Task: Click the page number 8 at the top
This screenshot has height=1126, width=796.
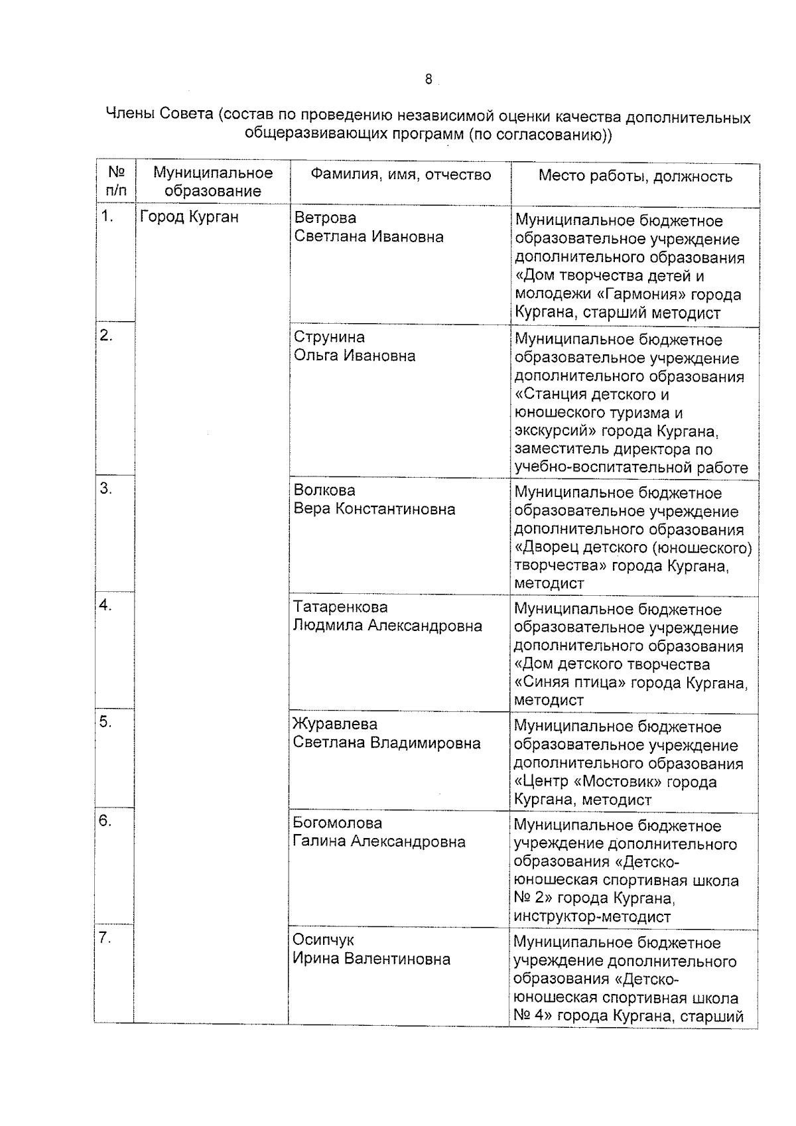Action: coord(428,80)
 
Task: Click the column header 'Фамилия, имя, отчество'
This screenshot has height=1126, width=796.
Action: coord(401,175)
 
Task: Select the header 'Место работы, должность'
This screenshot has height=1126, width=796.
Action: coord(635,176)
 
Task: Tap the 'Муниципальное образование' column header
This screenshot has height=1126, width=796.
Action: coord(213,182)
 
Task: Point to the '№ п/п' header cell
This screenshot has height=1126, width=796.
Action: coord(116,182)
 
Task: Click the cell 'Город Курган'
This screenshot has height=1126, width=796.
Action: coord(190,217)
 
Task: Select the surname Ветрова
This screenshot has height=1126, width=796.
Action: coord(325,218)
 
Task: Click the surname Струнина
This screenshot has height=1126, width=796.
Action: coord(329,337)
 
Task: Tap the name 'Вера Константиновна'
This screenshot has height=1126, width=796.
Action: coord(374,509)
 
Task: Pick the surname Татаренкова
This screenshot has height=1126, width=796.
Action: coord(340,606)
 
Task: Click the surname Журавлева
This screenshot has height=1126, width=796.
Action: coord(335,724)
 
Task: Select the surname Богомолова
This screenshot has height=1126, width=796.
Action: coord(338,823)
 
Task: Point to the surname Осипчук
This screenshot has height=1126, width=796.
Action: coord(324,940)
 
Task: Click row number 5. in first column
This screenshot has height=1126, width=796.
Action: coord(105,722)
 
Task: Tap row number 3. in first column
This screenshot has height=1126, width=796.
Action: coord(105,489)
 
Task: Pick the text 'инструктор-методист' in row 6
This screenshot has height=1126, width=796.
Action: coord(592,917)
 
